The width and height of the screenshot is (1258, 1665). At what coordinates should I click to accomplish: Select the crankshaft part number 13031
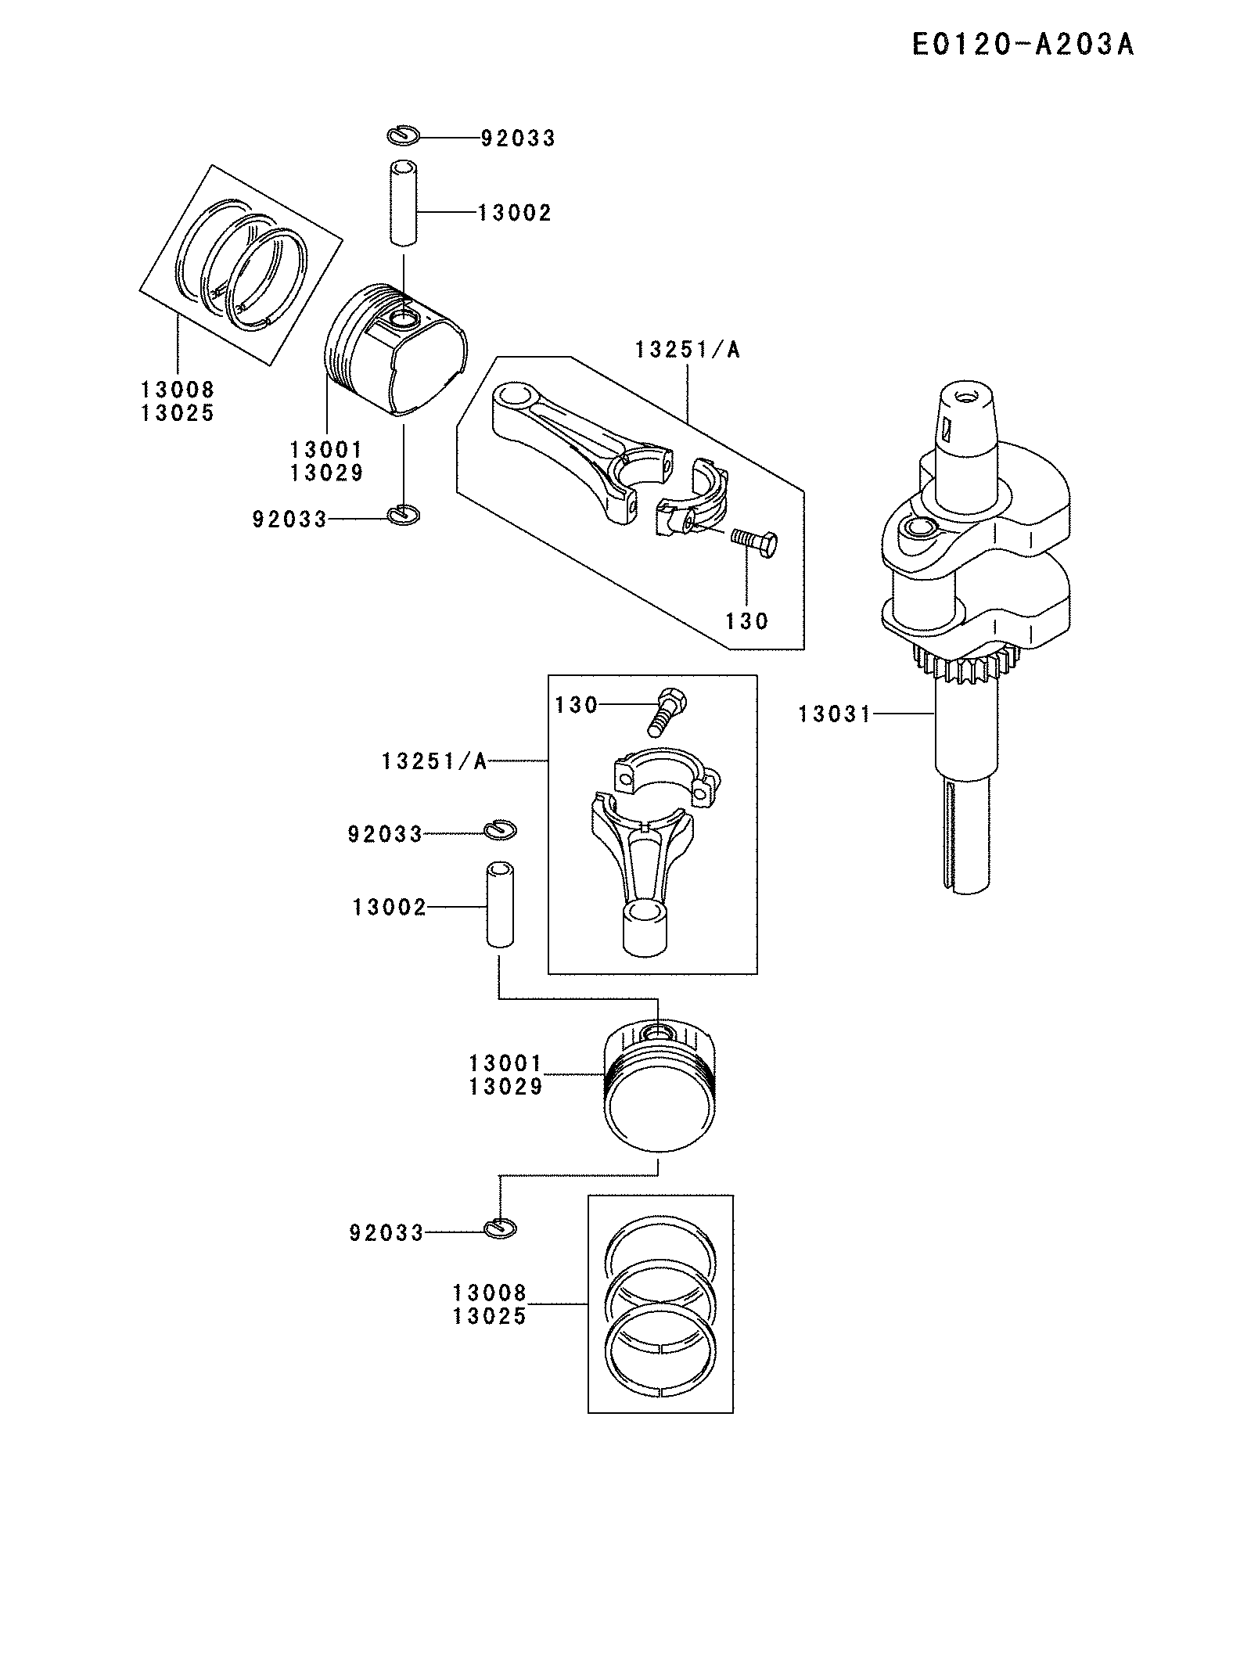834,714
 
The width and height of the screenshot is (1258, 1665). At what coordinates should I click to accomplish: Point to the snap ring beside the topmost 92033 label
404,135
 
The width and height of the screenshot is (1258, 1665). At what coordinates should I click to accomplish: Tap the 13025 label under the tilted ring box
178,412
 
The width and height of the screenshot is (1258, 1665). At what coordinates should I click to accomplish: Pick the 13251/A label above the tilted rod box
687,350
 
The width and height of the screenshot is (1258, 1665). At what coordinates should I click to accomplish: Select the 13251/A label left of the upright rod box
434,761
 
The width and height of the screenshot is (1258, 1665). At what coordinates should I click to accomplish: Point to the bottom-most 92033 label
386,1233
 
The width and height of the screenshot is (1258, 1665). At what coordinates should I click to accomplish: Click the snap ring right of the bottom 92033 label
500,1229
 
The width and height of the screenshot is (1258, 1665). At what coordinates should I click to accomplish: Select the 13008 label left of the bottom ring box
490,1292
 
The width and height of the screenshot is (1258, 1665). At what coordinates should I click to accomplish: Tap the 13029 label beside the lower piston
505,1086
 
